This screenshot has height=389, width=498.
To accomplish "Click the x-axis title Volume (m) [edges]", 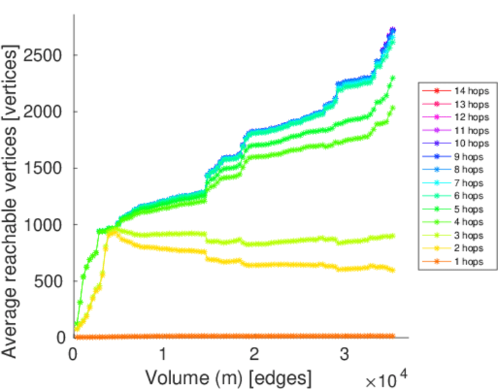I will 228,376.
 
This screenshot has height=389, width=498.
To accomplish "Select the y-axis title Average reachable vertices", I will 11,201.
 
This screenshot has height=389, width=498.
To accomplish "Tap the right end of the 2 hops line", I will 393,270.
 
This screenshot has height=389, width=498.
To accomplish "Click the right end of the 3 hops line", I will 393,236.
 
